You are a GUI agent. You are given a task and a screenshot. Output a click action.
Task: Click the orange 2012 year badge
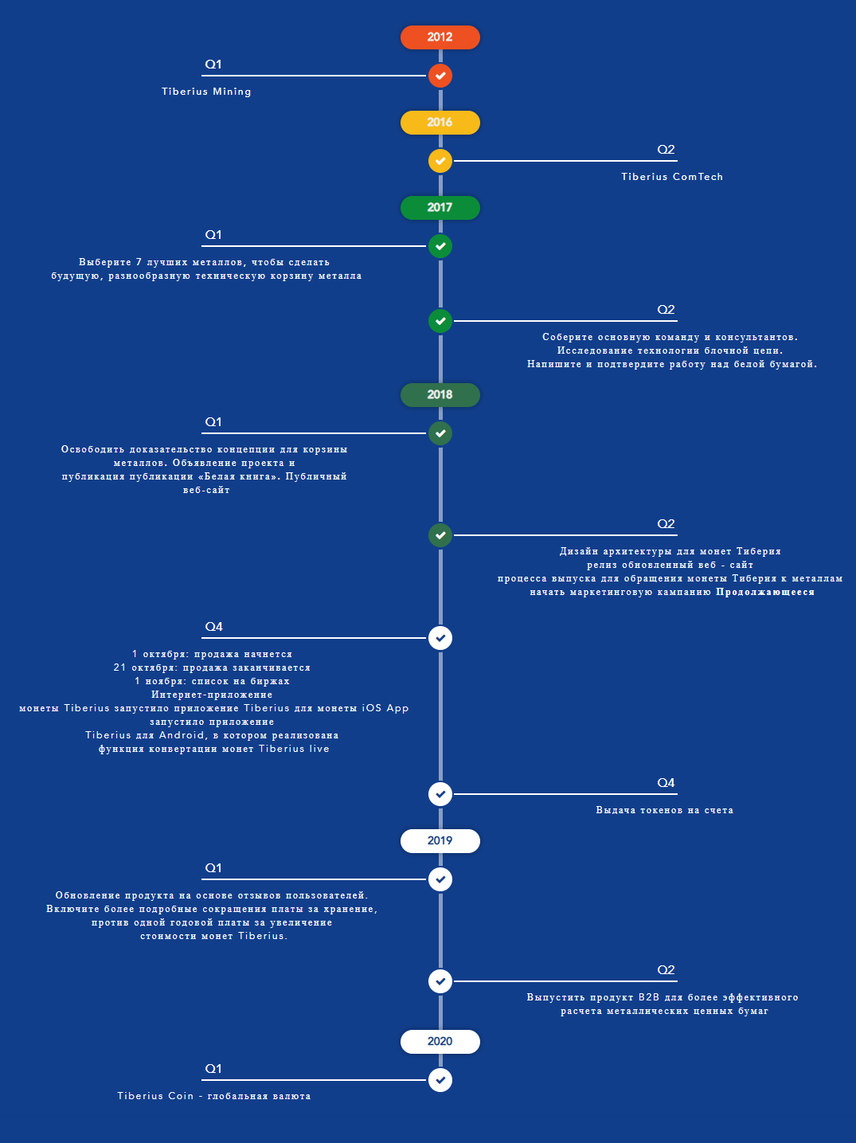tap(440, 37)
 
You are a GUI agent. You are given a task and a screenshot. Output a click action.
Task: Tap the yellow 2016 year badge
tap(440, 123)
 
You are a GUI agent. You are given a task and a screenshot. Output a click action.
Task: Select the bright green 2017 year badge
tap(440, 208)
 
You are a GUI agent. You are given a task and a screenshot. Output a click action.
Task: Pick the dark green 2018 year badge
tap(440, 395)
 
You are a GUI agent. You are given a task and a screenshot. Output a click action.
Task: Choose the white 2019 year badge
tap(440, 840)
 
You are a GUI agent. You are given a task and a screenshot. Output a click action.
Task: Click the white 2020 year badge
tap(440, 1042)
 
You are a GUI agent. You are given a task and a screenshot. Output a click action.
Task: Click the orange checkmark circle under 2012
tap(440, 76)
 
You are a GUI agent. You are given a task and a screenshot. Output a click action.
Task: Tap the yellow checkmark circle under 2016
tap(440, 161)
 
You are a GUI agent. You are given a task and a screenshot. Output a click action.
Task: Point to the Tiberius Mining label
tap(206, 92)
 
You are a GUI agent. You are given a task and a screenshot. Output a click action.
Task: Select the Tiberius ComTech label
tap(672, 177)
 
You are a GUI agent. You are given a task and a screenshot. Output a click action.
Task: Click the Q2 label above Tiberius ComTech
tap(666, 150)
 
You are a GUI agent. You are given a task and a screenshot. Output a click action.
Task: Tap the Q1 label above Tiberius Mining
tap(213, 65)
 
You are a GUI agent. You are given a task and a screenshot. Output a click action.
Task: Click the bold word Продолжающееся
tap(765, 592)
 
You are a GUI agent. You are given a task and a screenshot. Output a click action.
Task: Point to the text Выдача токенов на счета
tap(665, 810)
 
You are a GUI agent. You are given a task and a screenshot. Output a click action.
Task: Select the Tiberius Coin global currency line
tap(214, 1096)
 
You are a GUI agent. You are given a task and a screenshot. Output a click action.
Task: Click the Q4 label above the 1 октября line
tap(213, 627)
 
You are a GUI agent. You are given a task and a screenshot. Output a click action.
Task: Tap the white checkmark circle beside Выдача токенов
tap(440, 794)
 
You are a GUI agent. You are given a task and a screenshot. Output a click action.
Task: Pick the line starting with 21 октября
tap(212, 667)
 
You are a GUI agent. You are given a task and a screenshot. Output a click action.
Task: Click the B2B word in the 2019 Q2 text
tap(649, 997)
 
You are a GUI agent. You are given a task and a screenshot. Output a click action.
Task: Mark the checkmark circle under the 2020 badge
tap(440, 1080)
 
